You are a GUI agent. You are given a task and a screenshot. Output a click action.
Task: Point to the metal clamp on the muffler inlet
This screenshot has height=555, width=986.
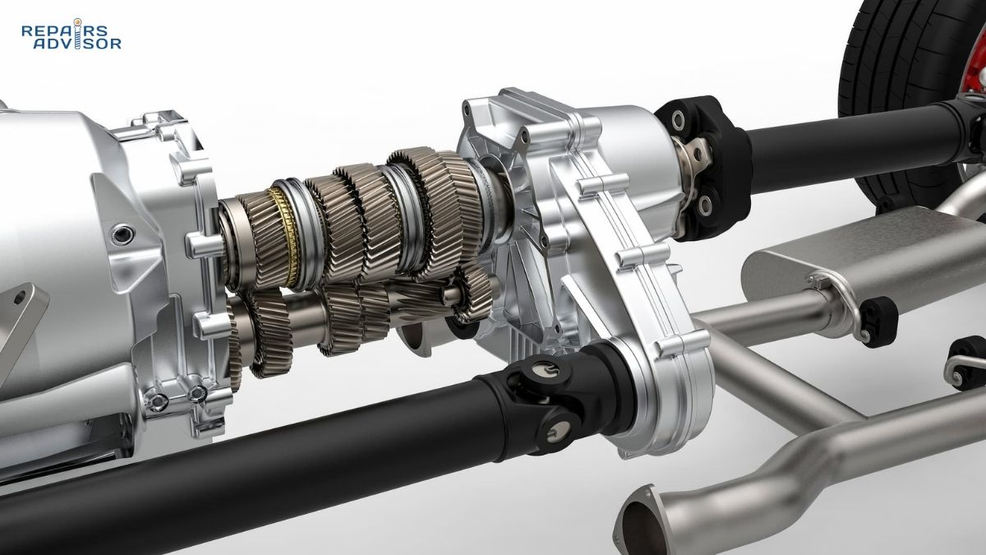(822, 288)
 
